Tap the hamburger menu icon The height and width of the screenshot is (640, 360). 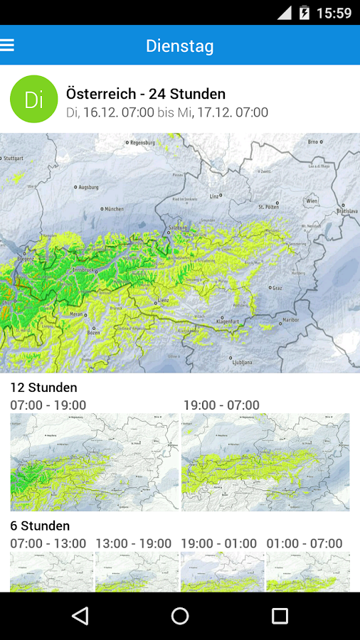point(8,46)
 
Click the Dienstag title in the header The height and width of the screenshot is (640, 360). point(180,46)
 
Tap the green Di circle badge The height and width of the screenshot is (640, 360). point(33,99)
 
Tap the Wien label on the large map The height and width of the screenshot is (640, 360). point(312,201)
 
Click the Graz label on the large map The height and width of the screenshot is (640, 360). point(277,288)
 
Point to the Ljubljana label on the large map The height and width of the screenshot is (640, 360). point(242,362)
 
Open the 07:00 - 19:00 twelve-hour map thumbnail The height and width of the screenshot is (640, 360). point(95,462)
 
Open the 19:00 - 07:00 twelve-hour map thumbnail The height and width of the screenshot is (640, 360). point(265,462)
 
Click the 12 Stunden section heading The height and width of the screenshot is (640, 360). point(43,388)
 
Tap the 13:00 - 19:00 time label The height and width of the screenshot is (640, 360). point(134,543)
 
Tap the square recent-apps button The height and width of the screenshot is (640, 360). point(280,616)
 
